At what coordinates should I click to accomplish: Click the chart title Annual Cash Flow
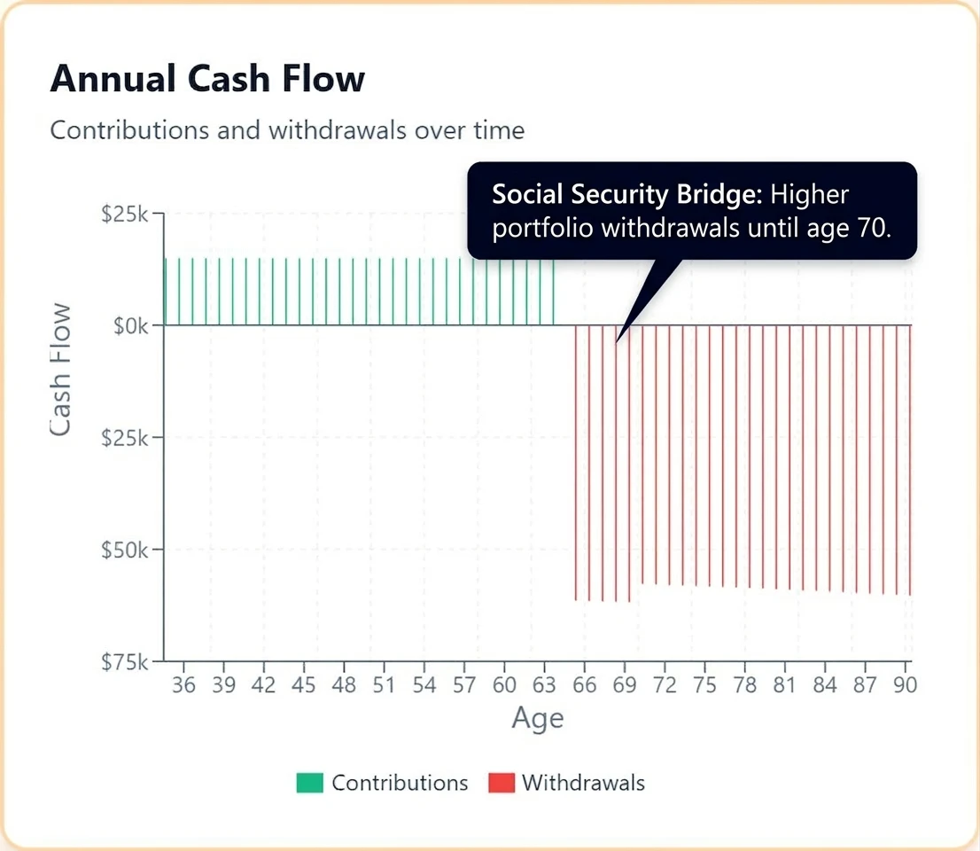(207, 79)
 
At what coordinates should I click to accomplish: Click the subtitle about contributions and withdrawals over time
(287, 130)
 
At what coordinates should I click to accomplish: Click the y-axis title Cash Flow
(60, 370)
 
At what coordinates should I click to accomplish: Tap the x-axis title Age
(537, 718)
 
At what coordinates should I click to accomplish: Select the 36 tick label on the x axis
(184, 685)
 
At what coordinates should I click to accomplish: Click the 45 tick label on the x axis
(304, 685)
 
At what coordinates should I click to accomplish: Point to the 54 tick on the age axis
(424, 685)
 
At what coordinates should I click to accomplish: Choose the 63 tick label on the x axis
(544, 685)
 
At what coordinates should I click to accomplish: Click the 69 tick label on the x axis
(625, 685)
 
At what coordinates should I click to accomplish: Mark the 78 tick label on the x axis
(745, 685)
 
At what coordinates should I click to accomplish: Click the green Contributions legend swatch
(310, 783)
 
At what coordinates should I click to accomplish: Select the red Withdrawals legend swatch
(502, 783)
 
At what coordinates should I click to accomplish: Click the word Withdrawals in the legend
(583, 783)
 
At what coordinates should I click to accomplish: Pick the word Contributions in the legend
(400, 783)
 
